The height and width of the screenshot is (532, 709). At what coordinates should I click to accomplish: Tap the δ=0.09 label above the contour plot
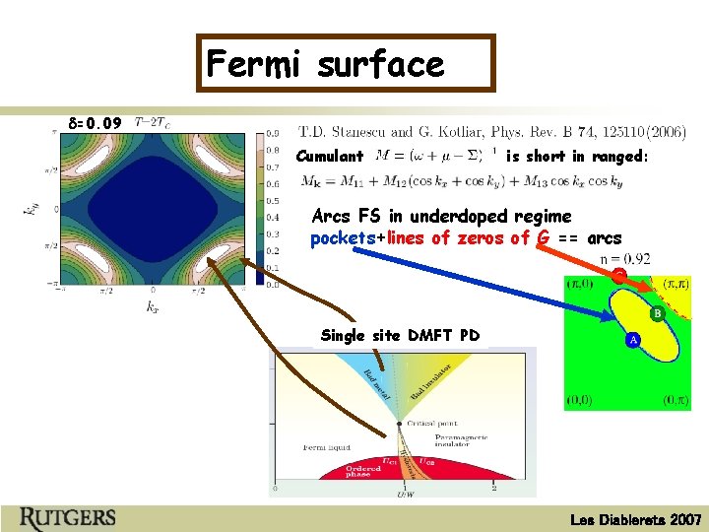(96, 124)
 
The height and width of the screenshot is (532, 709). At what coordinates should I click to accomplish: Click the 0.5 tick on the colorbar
(274, 200)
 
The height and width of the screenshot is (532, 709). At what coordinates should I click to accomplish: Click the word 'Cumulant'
(330, 156)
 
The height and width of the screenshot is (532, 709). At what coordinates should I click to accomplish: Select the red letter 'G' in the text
(544, 238)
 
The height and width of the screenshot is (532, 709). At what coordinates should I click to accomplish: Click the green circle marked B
(656, 314)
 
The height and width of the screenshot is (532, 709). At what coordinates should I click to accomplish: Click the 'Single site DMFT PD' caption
(401, 336)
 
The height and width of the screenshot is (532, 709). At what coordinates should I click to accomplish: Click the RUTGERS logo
(67, 516)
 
